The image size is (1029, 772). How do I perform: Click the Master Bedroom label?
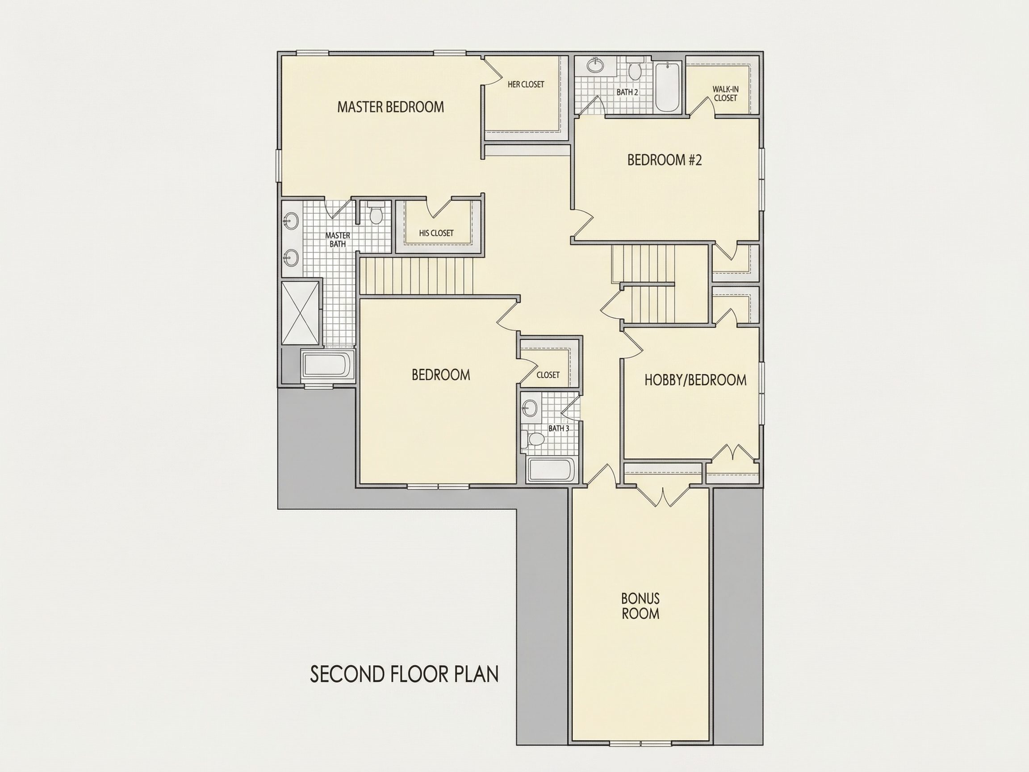[390, 107]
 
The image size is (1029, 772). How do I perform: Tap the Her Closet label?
[526, 84]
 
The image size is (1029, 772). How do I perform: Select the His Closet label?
[436, 233]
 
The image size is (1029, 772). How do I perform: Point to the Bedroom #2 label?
[664, 160]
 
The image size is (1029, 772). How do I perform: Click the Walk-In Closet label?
[725, 93]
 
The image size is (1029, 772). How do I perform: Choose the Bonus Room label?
[640, 606]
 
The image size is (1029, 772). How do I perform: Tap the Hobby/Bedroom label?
[695, 380]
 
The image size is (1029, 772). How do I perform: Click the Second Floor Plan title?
[404, 674]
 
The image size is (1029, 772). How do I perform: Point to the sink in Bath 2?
[594, 65]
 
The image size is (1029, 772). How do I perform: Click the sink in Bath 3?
[529, 409]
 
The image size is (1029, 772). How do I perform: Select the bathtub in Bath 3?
[552, 470]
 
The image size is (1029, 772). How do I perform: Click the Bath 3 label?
[559, 428]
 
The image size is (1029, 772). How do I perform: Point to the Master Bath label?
[338, 239]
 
